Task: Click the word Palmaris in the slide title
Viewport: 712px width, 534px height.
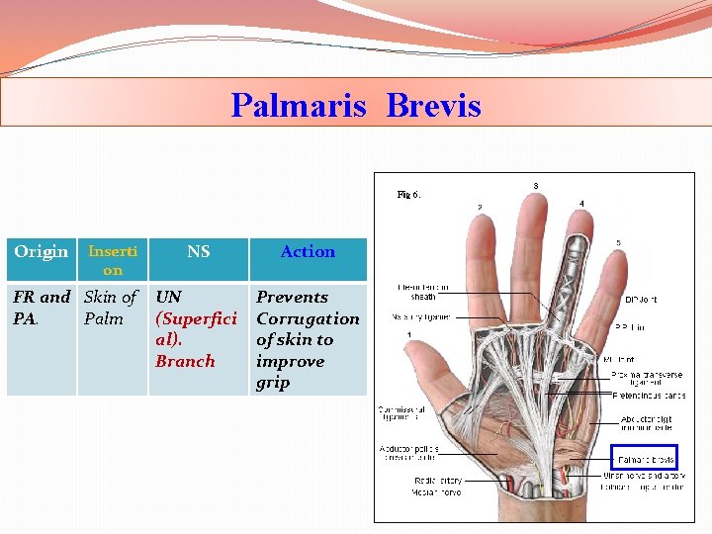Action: pos(298,105)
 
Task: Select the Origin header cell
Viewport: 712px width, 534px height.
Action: pos(42,252)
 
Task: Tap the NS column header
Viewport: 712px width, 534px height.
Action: pos(198,252)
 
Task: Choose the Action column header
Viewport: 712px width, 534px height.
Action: pos(308,252)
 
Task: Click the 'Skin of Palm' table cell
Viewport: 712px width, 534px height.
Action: pos(110,308)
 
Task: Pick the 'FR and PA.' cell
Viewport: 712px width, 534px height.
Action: pos(41,308)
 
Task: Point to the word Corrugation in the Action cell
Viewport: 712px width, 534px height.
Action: pos(308,318)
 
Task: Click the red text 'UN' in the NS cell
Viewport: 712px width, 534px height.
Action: pos(169,297)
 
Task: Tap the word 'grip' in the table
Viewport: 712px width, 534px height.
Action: pos(273,383)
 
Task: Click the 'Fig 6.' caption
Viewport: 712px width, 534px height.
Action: pos(408,195)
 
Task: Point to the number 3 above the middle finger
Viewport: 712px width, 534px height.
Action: pos(536,186)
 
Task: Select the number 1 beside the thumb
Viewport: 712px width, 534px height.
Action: pos(409,335)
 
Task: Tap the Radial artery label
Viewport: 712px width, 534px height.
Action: pos(437,481)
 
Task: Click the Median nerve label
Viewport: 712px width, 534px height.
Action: pos(437,490)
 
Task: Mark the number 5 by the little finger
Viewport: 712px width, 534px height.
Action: pos(618,242)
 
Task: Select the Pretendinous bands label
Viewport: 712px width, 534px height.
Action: pos(649,396)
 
